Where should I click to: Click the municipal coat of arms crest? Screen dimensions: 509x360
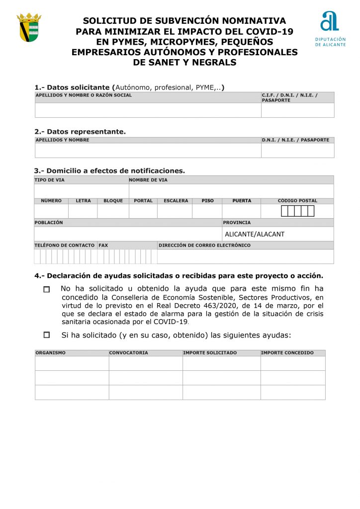[29, 28]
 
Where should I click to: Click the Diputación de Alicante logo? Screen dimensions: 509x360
[330, 28]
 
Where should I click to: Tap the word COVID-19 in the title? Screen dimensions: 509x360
[269, 31]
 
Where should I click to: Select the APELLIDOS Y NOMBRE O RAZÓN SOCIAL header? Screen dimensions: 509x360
[84, 95]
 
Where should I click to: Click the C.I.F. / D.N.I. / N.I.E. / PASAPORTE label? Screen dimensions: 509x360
[290, 97]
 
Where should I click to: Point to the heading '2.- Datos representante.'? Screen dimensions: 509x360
[80, 132]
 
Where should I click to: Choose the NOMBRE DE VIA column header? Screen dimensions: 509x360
[148, 180]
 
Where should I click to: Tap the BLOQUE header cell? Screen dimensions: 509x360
[113, 201]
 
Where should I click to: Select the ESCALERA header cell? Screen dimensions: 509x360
[176, 201]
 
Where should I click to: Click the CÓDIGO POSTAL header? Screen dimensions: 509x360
[297, 201]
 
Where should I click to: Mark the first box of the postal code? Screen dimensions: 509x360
[284, 211]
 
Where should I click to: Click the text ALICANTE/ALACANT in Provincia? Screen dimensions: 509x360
[255, 234]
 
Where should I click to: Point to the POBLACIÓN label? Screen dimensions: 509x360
[49, 223]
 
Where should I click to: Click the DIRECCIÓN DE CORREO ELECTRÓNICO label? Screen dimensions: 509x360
[204, 245]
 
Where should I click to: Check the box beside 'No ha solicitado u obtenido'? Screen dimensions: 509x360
[47, 289]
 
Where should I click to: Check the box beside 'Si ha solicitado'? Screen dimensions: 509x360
[47, 335]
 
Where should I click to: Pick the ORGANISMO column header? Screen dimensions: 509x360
[51, 353]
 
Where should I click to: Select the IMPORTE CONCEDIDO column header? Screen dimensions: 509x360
[287, 353]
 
